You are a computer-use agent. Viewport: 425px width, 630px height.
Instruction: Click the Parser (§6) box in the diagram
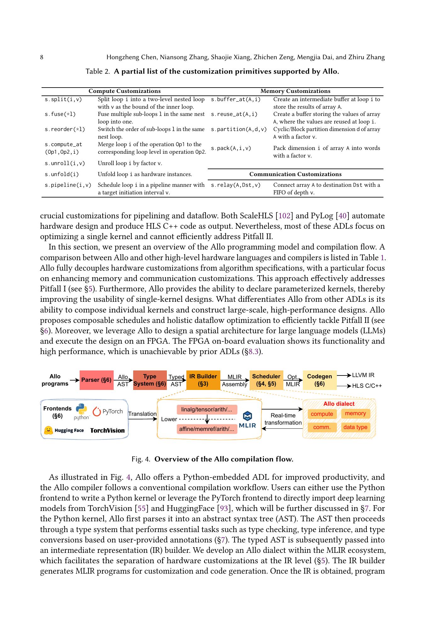96,380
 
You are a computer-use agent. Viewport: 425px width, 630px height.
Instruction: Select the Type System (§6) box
150,380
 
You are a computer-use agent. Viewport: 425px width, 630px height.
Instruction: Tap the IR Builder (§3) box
203,380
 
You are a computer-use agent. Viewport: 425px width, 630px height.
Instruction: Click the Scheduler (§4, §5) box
266,380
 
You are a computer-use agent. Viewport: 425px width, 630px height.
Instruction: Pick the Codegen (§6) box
319,380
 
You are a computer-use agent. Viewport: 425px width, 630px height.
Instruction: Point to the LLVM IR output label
363,375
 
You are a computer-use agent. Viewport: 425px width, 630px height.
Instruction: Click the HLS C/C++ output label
367,386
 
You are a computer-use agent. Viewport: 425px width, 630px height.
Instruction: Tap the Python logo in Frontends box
82,409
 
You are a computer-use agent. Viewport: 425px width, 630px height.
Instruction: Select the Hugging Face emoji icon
48,430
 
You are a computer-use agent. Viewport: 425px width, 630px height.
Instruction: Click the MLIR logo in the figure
247,420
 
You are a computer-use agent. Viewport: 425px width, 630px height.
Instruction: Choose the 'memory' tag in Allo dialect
355,414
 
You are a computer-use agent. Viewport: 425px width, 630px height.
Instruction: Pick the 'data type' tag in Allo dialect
355,427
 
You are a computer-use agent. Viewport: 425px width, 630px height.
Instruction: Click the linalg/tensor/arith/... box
207,409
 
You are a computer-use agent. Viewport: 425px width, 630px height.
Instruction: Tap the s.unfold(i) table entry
62,174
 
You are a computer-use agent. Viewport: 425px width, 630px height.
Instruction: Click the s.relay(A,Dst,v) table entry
235,185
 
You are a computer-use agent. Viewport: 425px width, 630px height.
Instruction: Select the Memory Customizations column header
295,91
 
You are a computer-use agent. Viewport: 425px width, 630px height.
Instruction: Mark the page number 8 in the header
42,57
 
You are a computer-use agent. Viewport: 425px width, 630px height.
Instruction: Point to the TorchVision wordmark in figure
107,430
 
